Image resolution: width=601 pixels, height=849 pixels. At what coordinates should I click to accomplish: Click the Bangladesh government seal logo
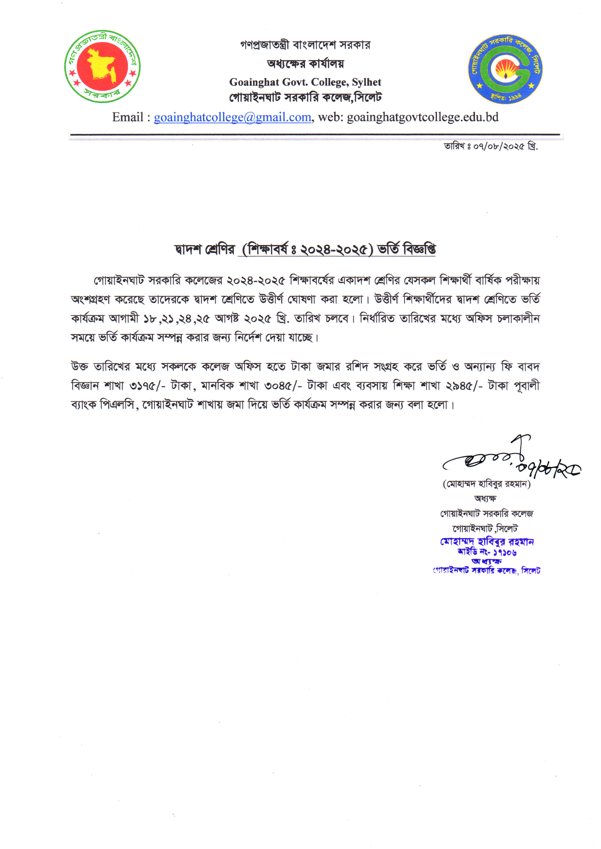pyautogui.click(x=102, y=67)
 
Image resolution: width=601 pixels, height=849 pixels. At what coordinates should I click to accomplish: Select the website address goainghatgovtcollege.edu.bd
pyautogui.click(x=423, y=117)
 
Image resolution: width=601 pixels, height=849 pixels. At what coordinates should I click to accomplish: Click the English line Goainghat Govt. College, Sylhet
pyautogui.click(x=305, y=82)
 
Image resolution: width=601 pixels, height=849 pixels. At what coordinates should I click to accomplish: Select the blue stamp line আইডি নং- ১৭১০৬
pyautogui.click(x=487, y=552)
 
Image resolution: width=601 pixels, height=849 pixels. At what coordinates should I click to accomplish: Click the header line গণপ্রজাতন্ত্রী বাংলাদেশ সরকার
pyautogui.click(x=305, y=45)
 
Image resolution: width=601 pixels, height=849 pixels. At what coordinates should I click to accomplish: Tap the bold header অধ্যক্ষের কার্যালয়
pyautogui.click(x=305, y=64)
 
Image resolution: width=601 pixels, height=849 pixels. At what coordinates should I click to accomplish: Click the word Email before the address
pyautogui.click(x=127, y=117)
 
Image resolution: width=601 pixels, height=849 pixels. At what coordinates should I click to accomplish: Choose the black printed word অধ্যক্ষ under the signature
pyautogui.click(x=485, y=498)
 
